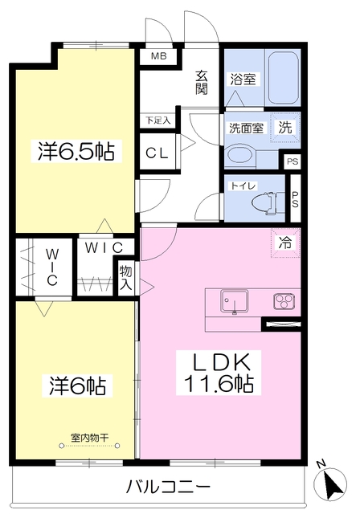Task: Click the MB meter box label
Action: click(x=158, y=56)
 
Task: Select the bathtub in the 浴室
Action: click(x=284, y=78)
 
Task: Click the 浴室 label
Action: click(x=243, y=79)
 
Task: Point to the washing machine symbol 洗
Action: click(x=285, y=127)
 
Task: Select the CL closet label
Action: click(x=157, y=153)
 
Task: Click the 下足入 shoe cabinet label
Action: click(x=158, y=120)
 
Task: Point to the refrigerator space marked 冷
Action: click(x=285, y=243)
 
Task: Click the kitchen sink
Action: click(x=234, y=301)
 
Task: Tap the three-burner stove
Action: click(x=284, y=301)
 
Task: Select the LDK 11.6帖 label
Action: click(x=219, y=373)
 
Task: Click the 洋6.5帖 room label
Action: click(x=76, y=151)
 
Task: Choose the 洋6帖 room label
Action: click(x=77, y=385)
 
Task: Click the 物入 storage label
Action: click(x=126, y=278)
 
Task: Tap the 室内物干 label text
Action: click(x=89, y=437)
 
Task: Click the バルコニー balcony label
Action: click(x=168, y=487)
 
